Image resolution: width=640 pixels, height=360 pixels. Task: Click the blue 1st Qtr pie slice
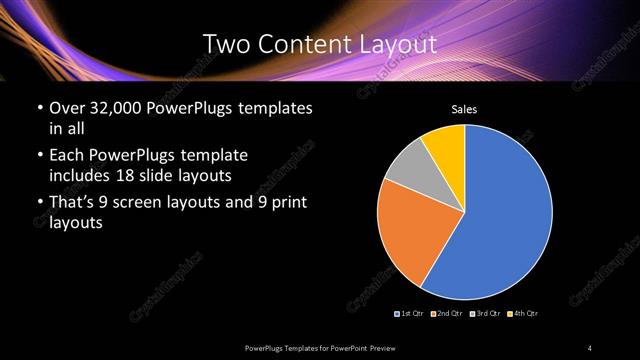coord(505,215)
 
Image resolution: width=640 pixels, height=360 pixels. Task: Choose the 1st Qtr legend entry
coord(411,313)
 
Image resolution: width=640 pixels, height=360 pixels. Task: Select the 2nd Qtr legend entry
coord(446,313)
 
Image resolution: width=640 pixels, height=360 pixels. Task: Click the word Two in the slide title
coord(224,44)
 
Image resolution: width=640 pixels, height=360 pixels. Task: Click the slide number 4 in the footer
coord(591,347)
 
